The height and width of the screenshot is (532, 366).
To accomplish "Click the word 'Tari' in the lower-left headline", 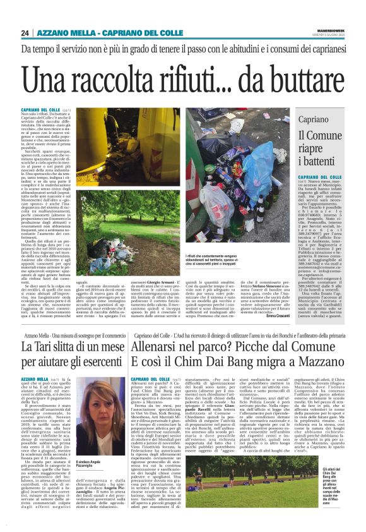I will [51, 347].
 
